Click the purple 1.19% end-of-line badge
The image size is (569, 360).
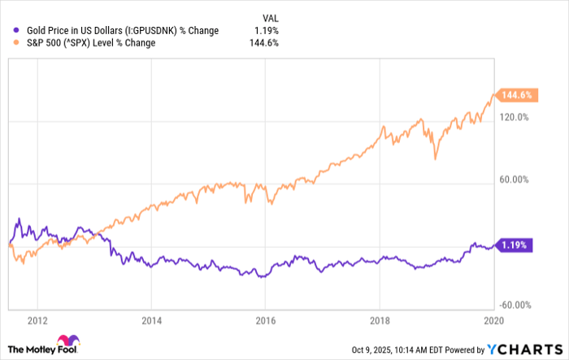(514, 245)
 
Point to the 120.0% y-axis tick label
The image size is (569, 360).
(515, 117)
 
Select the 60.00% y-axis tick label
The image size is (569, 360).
(515, 180)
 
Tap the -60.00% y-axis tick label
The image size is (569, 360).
(513, 306)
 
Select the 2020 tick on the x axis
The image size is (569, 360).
(490, 320)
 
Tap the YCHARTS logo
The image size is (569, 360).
(523, 349)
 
